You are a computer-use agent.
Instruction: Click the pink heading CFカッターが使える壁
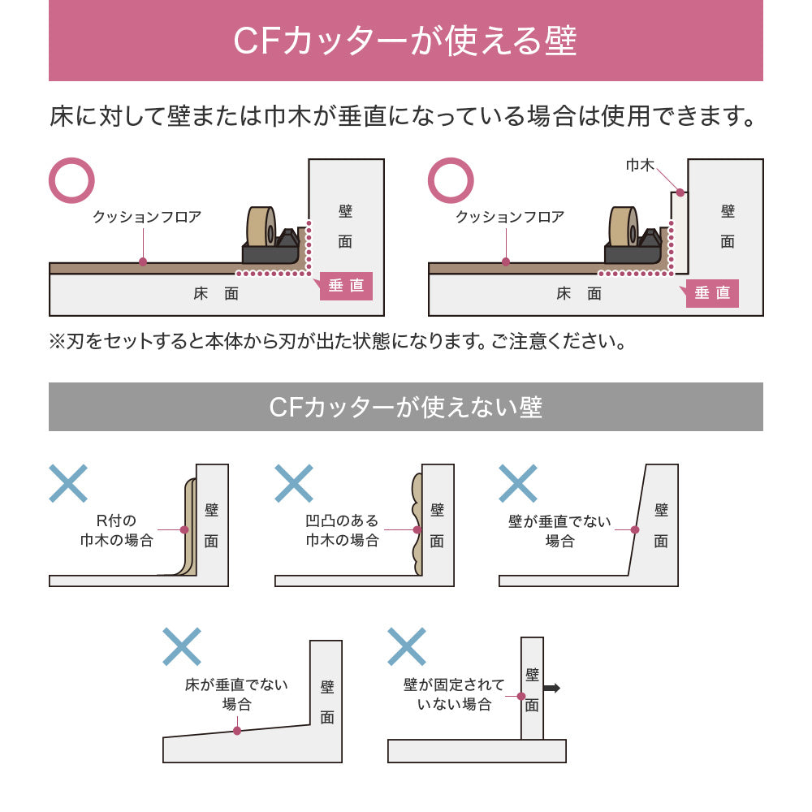pyautogui.click(x=405, y=41)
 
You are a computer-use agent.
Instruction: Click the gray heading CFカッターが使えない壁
pyautogui.click(x=405, y=406)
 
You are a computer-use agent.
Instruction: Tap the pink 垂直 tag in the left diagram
pyautogui.click(x=346, y=286)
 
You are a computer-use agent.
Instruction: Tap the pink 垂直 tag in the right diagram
pyautogui.click(x=712, y=293)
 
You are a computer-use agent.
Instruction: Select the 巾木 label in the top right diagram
pyautogui.click(x=640, y=165)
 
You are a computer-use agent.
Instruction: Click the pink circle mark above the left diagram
pyautogui.click(x=72, y=180)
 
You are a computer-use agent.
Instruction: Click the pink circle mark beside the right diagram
pyautogui.click(x=451, y=180)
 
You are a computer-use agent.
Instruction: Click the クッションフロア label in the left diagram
pyautogui.click(x=147, y=217)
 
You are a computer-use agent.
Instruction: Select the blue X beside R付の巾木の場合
pyautogui.click(x=68, y=483)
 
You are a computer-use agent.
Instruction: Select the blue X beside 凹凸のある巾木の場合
pyautogui.click(x=293, y=483)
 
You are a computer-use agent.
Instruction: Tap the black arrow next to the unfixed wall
pyautogui.click(x=551, y=689)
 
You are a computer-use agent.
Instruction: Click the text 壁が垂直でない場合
pyautogui.click(x=559, y=531)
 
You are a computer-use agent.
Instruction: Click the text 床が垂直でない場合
pyautogui.click(x=237, y=694)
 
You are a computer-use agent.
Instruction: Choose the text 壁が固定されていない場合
pyautogui.click(x=454, y=694)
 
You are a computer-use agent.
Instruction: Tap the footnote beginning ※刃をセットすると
pyautogui.click(x=339, y=341)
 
